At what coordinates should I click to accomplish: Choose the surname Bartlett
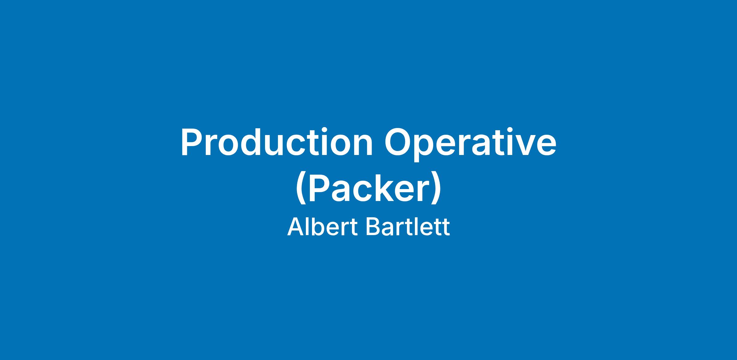408,227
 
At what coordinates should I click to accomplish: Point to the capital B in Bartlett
373,227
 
